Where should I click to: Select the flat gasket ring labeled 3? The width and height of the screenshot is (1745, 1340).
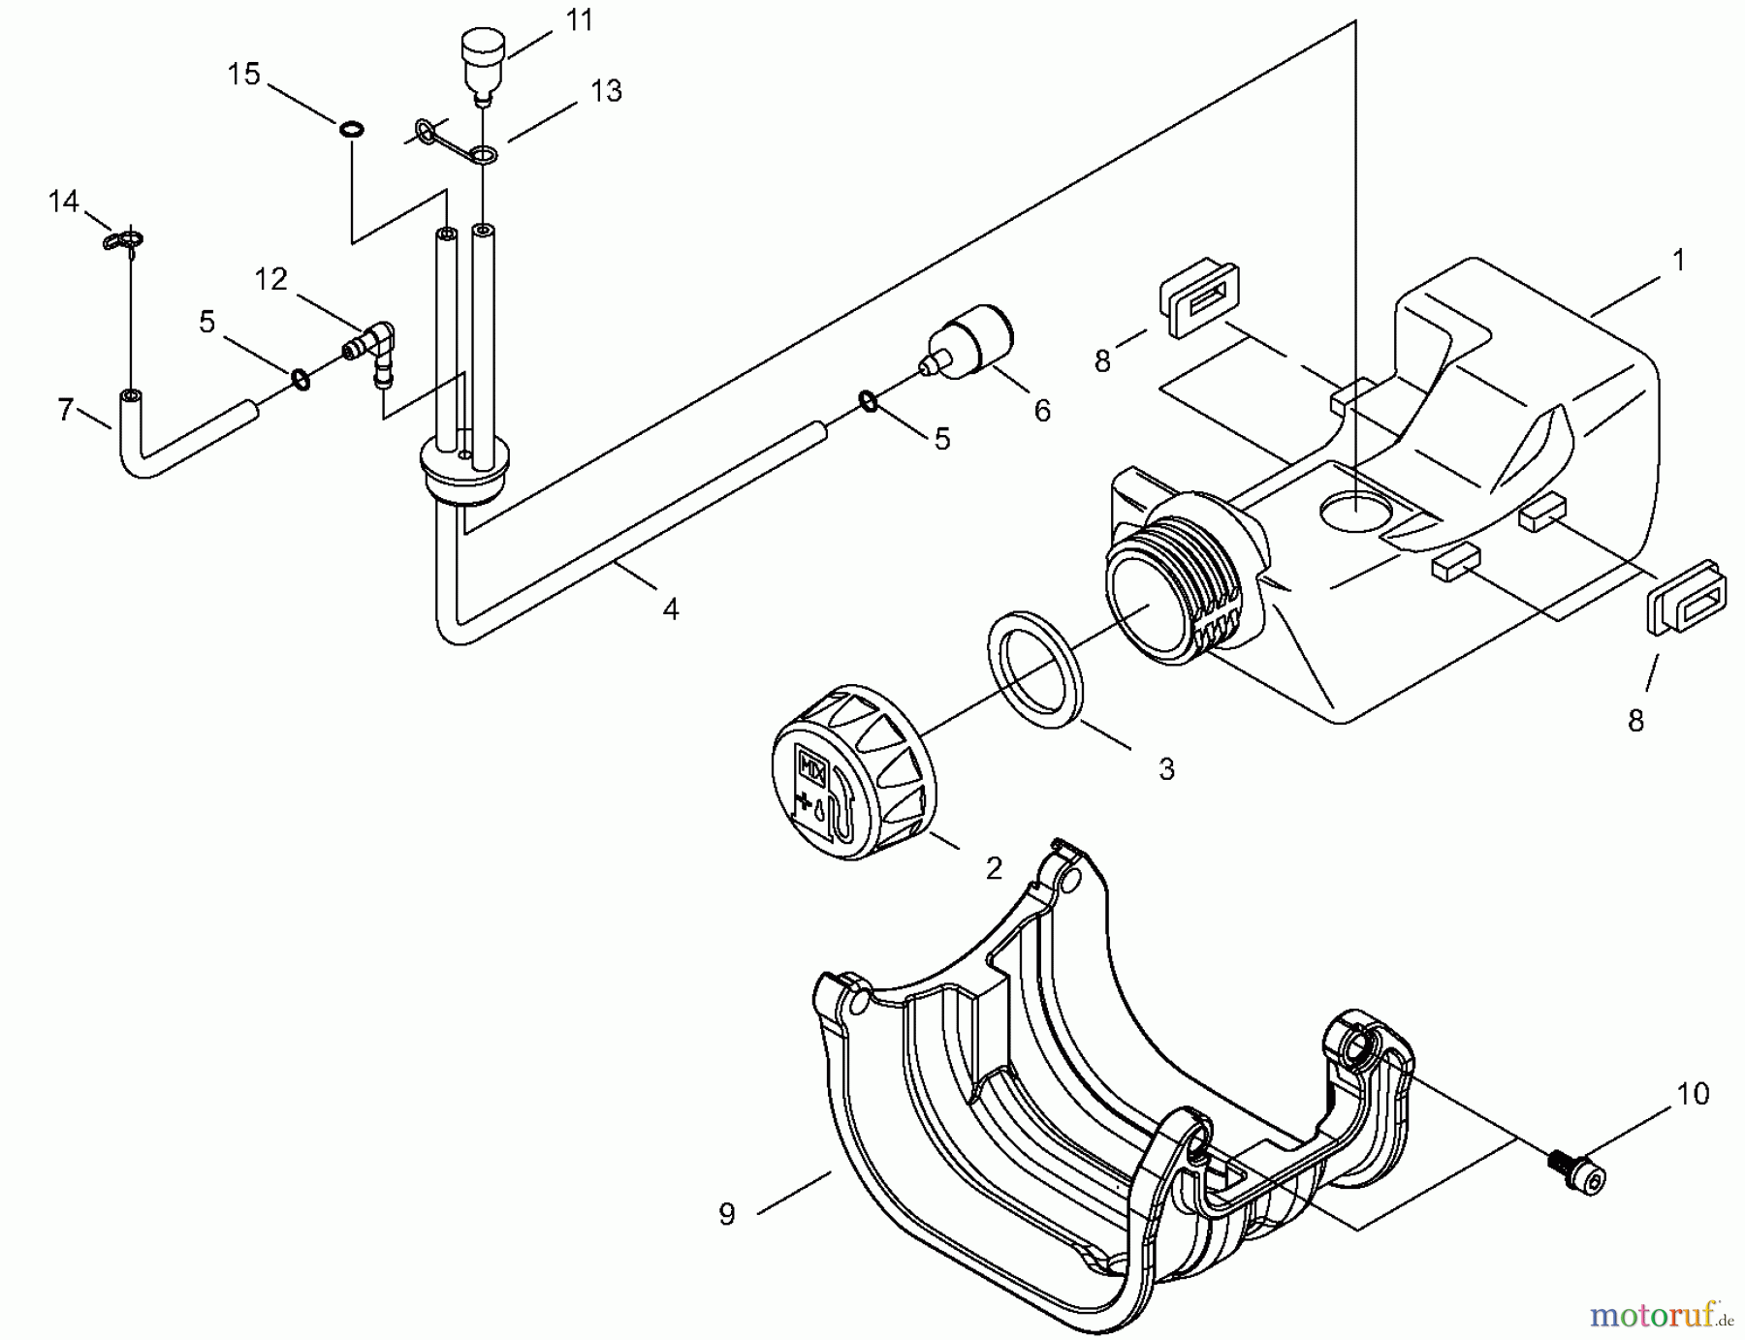(1035, 669)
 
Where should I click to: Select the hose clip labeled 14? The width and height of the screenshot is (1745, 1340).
(123, 239)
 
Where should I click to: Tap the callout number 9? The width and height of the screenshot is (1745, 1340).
(727, 1214)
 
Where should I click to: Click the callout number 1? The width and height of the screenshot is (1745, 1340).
(1678, 260)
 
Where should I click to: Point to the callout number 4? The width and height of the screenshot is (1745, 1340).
(670, 609)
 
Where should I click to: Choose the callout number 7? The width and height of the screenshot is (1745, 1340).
(65, 410)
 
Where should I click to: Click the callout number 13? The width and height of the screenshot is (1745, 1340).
(606, 91)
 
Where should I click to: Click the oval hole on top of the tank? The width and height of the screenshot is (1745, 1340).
(1356, 512)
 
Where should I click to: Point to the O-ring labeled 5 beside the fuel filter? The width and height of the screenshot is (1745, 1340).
(869, 401)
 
